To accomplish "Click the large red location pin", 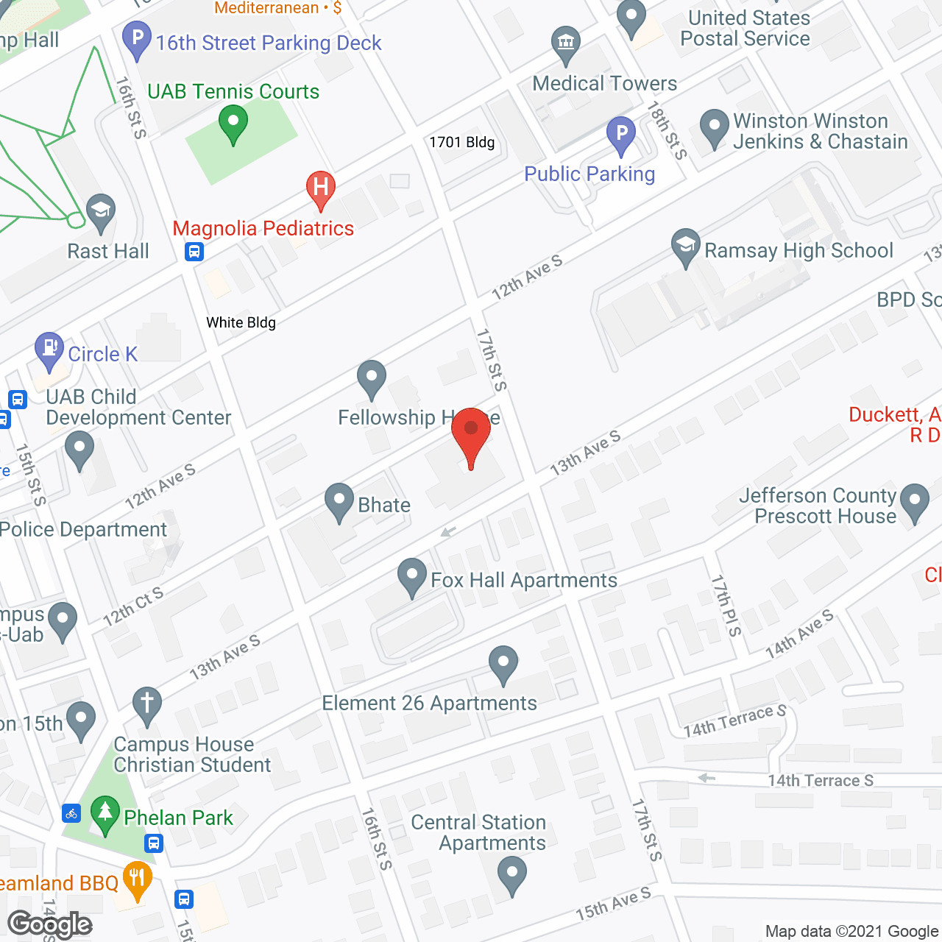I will [471, 434].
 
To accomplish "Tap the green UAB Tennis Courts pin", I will [233, 123].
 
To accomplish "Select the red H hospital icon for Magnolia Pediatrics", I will [320, 188].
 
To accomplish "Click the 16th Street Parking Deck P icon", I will [137, 39].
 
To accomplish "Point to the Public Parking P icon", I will [621, 135].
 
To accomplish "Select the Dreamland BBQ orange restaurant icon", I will [138, 878].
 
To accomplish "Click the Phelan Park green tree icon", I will [105, 813].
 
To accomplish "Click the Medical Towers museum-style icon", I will [566, 44].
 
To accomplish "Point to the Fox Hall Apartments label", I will [523, 581].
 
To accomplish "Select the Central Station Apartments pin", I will [512, 876].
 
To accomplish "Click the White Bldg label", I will [241, 322].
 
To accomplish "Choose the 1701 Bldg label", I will [462, 142].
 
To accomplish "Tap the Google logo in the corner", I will [50, 924].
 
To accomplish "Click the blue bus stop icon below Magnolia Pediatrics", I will [194, 252].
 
